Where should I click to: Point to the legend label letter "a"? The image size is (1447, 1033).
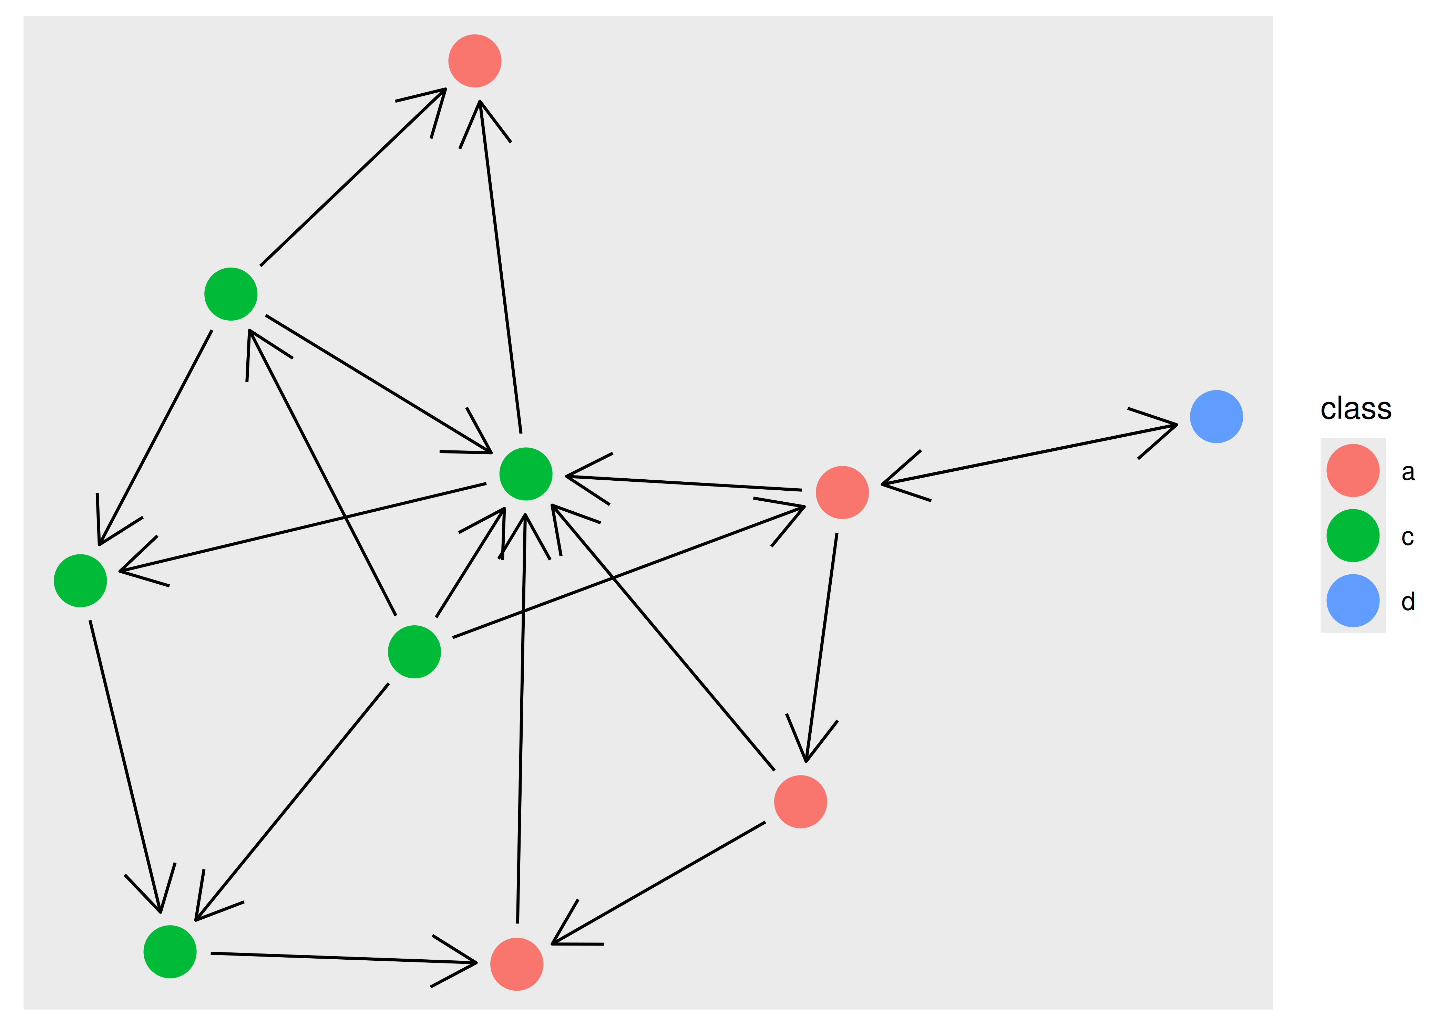click(1407, 472)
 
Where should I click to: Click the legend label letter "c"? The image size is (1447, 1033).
click(1407, 538)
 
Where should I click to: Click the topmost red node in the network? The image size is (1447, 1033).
click(475, 61)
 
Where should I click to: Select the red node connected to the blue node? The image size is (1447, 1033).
click(842, 492)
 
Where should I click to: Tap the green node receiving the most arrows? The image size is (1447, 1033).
click(526, 474)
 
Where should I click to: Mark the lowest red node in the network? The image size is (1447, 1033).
click(517, 964)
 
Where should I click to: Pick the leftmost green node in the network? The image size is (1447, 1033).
click(80, 581)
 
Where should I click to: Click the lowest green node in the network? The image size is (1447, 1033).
click(170, 952)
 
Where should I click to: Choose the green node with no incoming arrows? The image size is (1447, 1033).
click(414, 652)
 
